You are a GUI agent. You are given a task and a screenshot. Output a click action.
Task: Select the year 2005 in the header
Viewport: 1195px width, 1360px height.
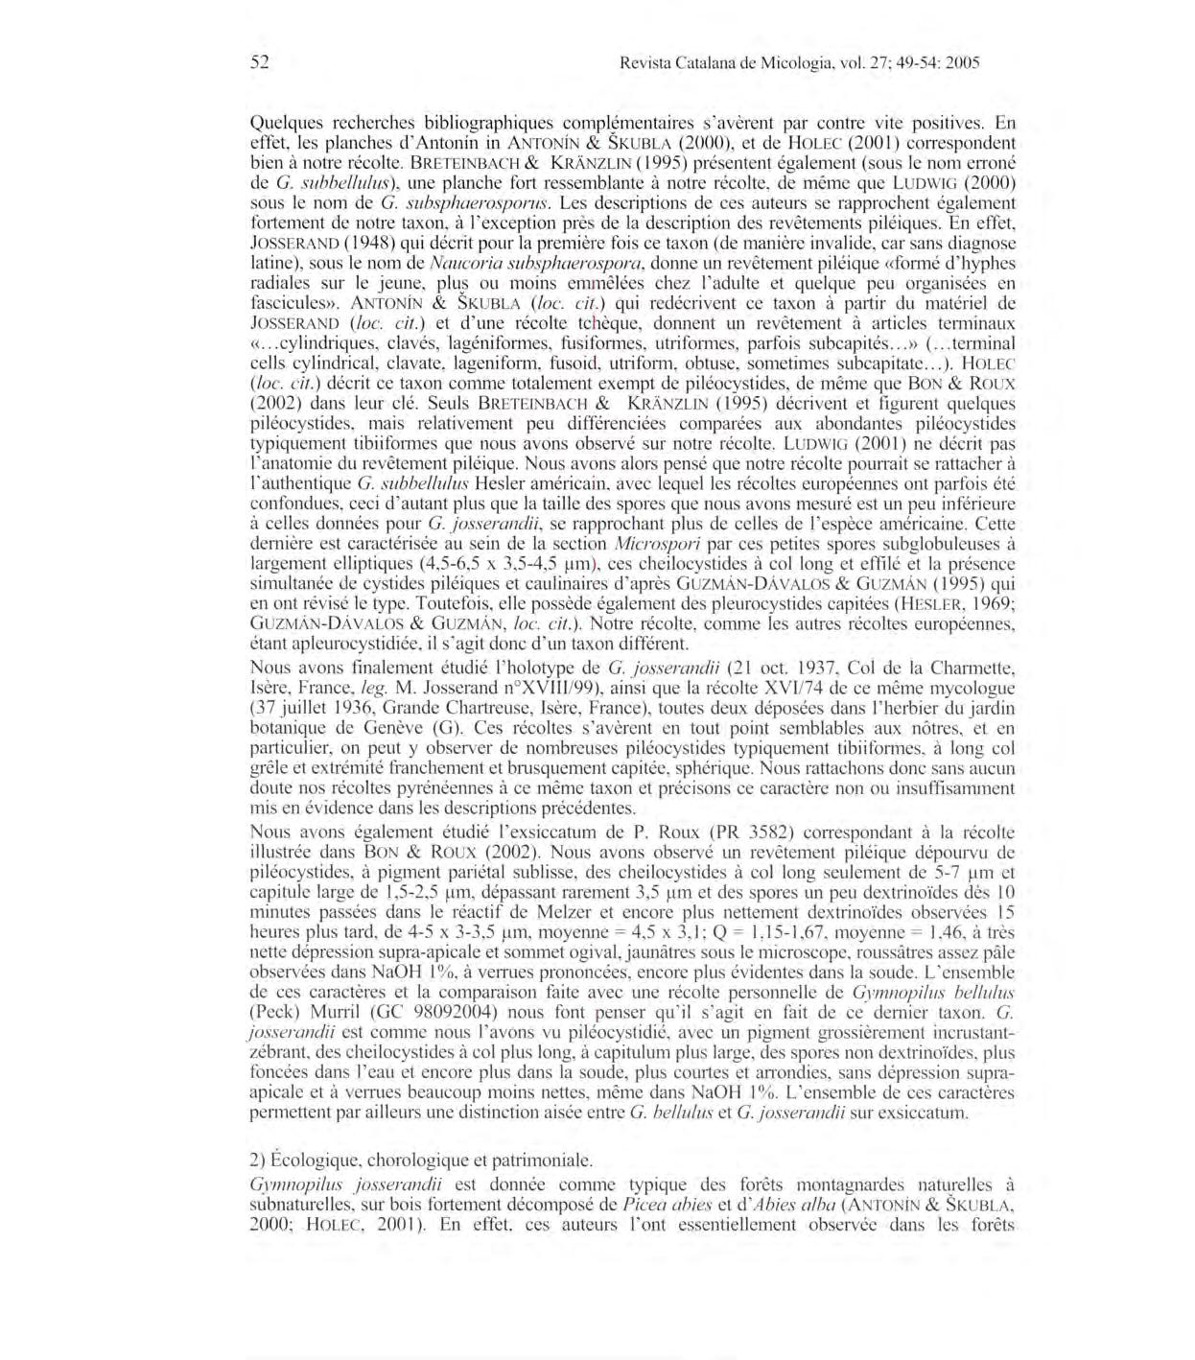tap(961, 64)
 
